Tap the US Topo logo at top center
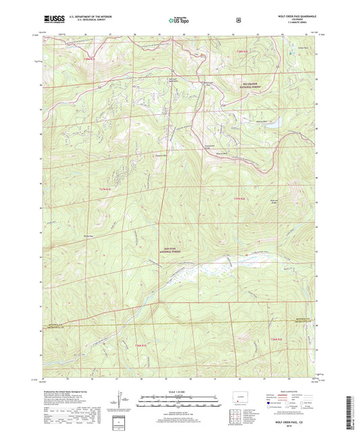[179, 20]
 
